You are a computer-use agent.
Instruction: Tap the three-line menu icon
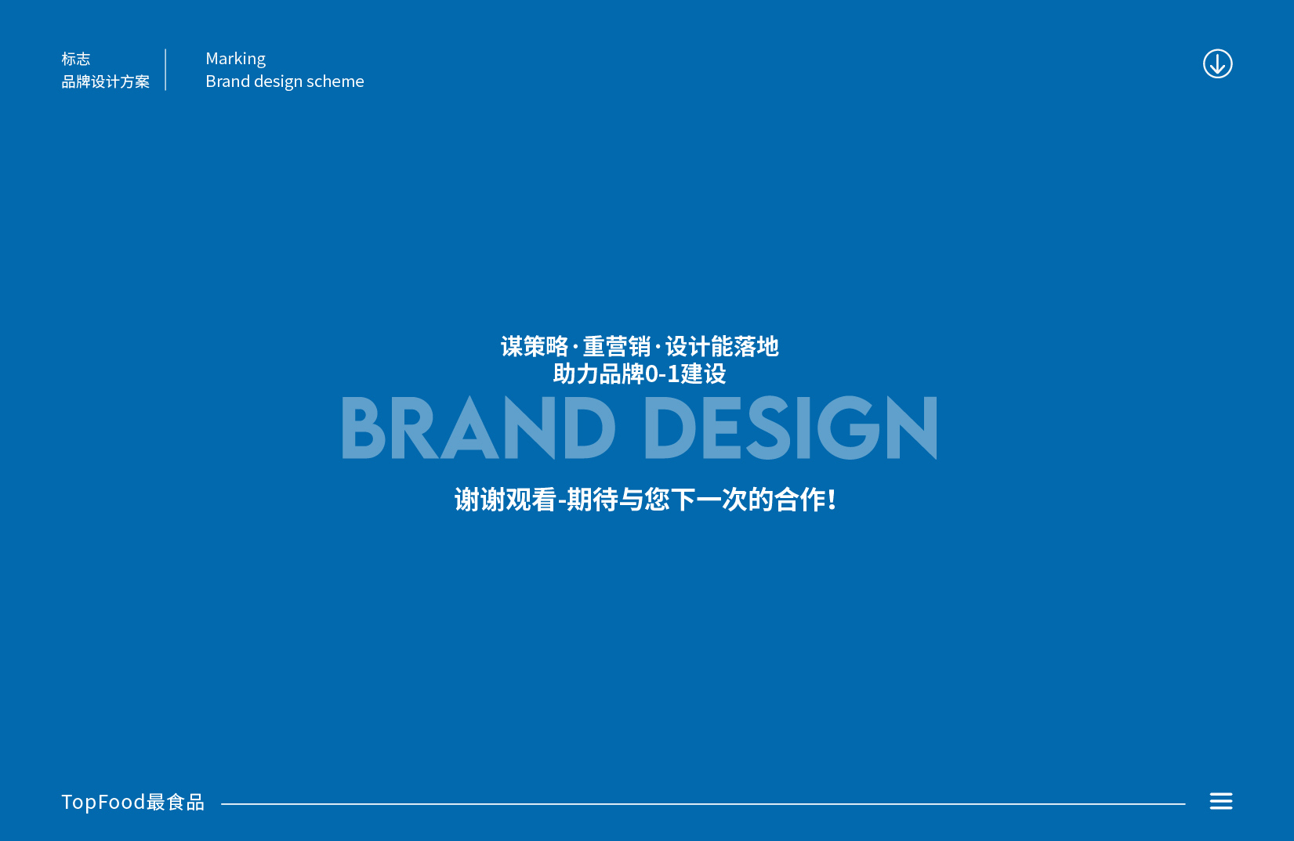1221,801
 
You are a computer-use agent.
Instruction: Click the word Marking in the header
236,59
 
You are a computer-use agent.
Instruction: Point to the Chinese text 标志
76,59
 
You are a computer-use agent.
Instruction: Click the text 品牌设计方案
106,81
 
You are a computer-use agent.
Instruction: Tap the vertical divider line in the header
165,70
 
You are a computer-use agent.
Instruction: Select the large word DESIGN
791,428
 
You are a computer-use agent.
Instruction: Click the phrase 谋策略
535,346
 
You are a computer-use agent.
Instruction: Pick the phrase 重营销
617,346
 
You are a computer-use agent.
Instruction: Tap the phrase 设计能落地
722,346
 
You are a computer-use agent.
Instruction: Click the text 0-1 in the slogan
662,374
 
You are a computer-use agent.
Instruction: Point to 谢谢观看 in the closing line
506,500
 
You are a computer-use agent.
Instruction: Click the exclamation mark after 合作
832,500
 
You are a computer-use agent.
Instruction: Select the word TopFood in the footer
103,803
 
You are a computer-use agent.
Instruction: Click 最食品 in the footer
176,803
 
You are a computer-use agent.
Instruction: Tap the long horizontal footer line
703,803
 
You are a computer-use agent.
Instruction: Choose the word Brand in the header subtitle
227,81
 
